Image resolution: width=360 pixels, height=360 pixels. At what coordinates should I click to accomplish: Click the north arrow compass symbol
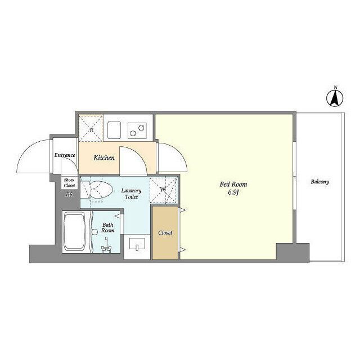click(335, 98)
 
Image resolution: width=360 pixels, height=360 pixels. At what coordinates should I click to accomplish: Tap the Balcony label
click(320, 182)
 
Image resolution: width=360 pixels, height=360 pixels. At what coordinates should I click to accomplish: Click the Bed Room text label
click(233, 184)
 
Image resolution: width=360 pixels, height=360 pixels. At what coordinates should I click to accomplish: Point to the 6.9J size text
click(233, 192)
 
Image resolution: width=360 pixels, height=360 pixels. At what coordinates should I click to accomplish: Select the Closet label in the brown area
click(165, 232)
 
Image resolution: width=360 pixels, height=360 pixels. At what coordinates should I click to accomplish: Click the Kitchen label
click(104, 157)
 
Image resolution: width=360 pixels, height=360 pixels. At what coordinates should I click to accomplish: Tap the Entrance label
click(65, 155)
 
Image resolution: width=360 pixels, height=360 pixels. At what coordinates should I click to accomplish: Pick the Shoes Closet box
click(69, 183)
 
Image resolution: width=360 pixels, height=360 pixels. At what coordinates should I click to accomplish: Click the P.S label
click(69, 195)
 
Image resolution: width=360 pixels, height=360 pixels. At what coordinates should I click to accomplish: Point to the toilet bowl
click(100, 190)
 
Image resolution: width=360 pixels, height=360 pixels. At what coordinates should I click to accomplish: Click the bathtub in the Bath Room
click(74, 232)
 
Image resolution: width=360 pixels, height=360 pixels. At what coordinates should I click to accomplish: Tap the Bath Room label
click(107, 227)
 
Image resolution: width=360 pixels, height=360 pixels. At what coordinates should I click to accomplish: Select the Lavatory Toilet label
click(131, 193)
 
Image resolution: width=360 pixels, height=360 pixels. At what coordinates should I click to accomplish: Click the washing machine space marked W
click(163, 190)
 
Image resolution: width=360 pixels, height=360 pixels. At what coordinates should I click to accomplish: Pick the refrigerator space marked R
click(91, 129)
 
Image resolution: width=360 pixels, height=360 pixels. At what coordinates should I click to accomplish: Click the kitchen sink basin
click(114, 130)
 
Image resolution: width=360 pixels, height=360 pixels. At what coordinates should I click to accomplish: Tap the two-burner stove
click(137, 130)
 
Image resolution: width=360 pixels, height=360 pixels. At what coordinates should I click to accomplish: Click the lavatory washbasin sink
click(137, 244)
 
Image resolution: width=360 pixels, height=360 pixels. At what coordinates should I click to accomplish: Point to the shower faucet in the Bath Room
click(106, 246)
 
